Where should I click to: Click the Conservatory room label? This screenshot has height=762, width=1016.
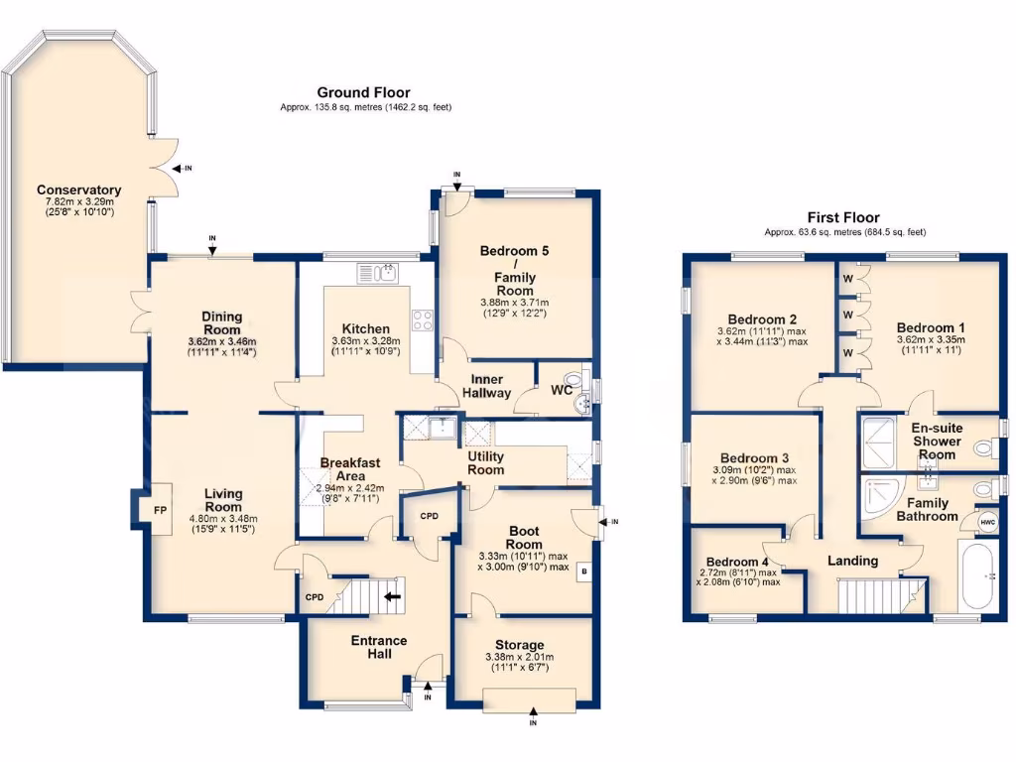(78, 190)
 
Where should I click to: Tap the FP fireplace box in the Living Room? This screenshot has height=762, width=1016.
(158, 511)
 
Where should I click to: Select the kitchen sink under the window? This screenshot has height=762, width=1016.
(377, 273)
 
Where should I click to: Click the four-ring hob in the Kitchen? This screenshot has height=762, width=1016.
(422, 319)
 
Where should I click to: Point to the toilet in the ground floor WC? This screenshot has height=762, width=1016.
(570, 381)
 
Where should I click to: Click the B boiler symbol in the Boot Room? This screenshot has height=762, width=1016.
(584, 572)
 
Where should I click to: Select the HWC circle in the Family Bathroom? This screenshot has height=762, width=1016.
(987, 522)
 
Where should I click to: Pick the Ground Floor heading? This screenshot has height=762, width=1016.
(363, 92)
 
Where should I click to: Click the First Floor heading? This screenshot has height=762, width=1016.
(844, 218)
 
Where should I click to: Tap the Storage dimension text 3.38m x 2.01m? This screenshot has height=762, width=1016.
(519, 657)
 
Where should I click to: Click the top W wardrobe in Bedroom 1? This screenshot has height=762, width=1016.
(847, 280)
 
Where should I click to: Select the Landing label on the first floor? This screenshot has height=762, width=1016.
(852, 561)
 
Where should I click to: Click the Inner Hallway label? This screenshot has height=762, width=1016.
(487, 386)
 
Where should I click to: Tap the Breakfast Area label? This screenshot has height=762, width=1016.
(344, 468)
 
